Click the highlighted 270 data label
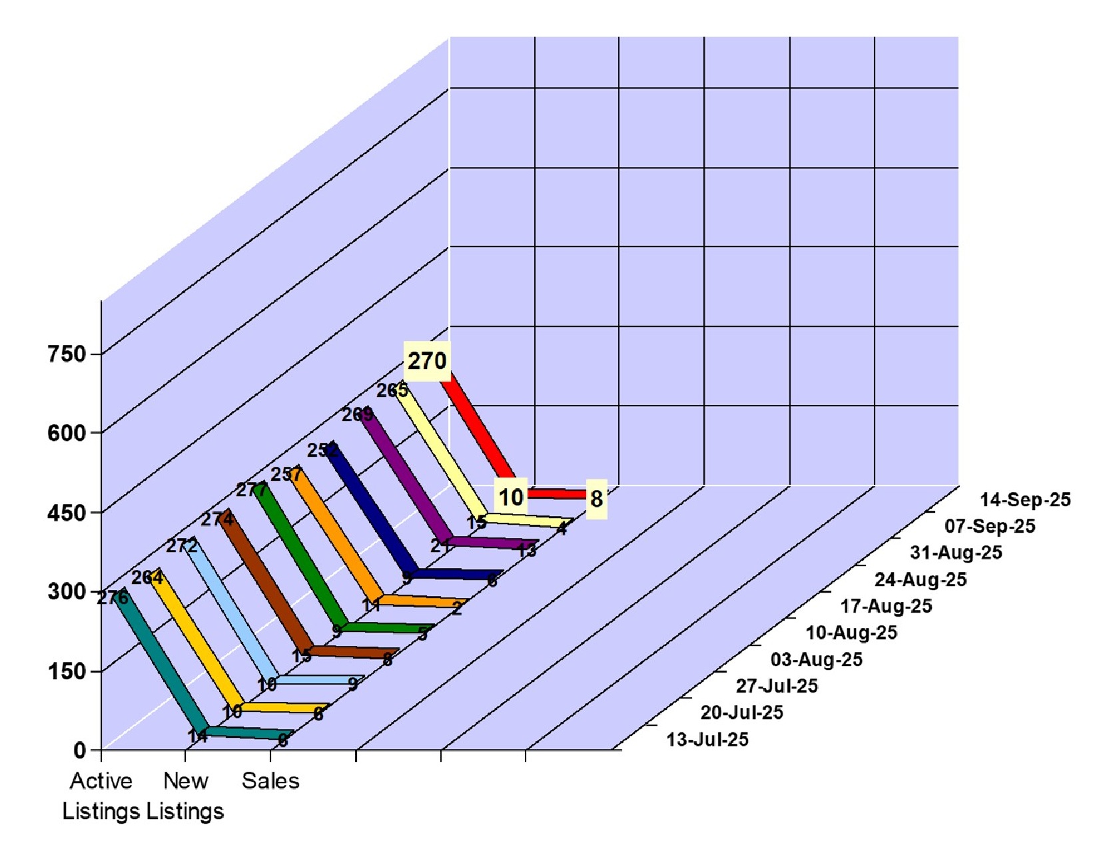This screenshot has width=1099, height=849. pyautogui.click(x=427, y=361)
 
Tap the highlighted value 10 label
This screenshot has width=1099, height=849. pyautogui.click(x=511, y=497)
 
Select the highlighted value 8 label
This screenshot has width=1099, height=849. pyautogui.click(x=596, y=498)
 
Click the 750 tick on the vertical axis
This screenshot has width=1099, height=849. pyautogui.click(x=67, y=354)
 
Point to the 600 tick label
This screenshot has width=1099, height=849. pyautogui.click(x=67, y=433)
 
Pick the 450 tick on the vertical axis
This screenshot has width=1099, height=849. pyautogui.click(x=67, y=513)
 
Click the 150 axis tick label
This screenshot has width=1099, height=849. pyautogui.click(x=67, y=671)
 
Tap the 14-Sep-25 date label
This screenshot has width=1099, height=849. pyautogui.click(x=1025, y=499)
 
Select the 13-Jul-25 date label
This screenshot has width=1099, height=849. pyautogui.click(x=707, y=739)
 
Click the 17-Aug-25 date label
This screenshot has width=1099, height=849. pyautogui.click(x=886, y=606)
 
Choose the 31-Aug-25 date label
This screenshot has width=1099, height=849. pyautogui.click(x=956, y=553)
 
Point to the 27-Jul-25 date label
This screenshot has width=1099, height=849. pyautogui.click(x=777, y=686)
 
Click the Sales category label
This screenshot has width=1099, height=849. pyautogui.click(x=270, y=780)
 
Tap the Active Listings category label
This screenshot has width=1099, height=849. pyautogui.click(x=101, y=796)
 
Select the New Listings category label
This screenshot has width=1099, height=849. pyautogui.click(x=186, y=796)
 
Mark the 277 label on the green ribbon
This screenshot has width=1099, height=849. pyautogui.click(x=251, y=490)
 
